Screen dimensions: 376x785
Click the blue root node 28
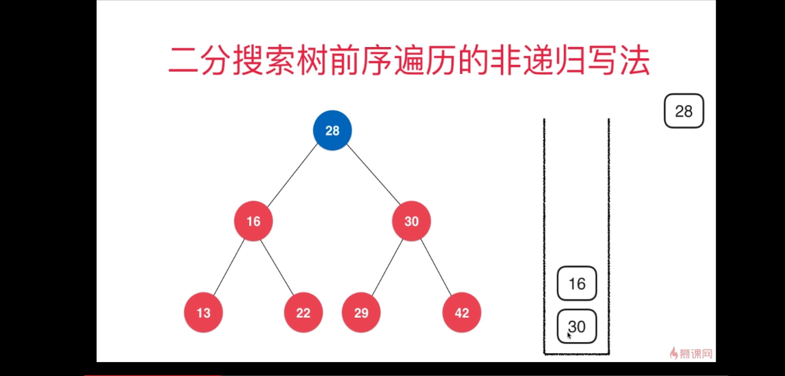click(332, 131)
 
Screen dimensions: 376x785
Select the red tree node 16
click(253, 221)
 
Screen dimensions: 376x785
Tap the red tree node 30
click(411, 221)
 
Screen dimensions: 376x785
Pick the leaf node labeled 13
click(203, 313)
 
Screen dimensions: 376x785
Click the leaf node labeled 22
click(303, 313)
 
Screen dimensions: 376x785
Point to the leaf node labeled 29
click(361, 313)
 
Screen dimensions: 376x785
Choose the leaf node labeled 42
click(462, 313)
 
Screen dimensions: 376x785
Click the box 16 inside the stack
click(577, 283)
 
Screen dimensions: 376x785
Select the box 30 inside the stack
click(577, 326)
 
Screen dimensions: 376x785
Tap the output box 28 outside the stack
click(684, 111)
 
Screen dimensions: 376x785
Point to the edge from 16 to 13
click(229, 267)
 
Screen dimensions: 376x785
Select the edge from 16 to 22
click(277, 267)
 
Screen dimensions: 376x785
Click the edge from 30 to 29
click(387, 267)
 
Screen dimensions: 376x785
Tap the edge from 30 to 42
click(436, 267)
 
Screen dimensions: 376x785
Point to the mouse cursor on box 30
click(569, 335)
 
